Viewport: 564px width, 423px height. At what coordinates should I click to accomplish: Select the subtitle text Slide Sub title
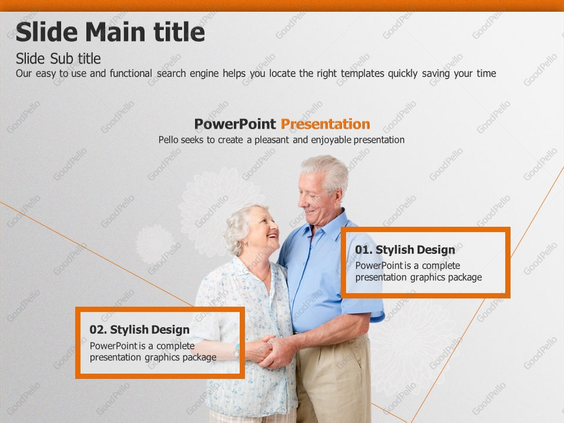(x=58, y=59)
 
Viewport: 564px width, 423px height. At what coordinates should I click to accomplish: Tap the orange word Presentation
(x=325, y=124)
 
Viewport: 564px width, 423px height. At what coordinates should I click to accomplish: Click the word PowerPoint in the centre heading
(x=235, y=124)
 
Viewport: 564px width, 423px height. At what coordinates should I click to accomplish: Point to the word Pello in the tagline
(x=169, y=140)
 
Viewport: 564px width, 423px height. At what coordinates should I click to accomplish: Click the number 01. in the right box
(x=364, y=250)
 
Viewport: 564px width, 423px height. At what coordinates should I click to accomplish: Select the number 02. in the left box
(x=98, y=330)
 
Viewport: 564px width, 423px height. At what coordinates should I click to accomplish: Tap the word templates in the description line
(x=362, y=73)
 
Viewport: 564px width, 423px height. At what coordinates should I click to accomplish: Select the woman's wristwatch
(x=236, y=351)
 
